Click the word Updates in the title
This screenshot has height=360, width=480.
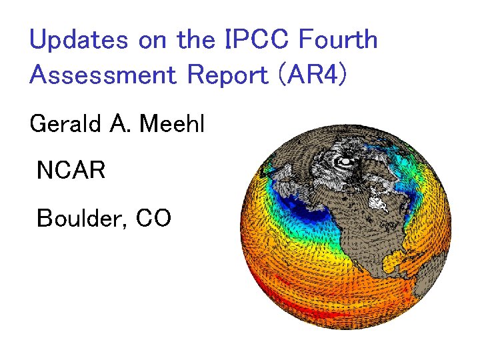click(x=79, y=41)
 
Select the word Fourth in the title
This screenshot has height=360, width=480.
click(x=338, y=40)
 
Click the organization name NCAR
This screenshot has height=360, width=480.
click(x=71, y=171)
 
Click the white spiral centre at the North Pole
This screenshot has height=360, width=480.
click(x=345, y=161)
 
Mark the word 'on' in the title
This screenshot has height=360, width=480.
click(x=153, y=41)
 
